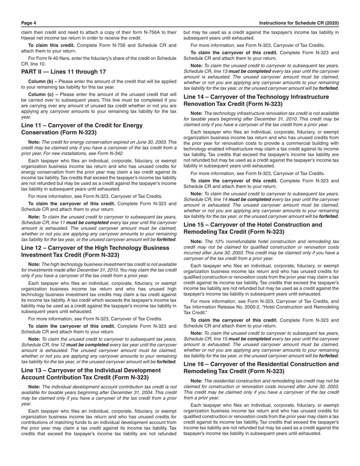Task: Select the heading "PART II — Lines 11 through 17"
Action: [x=64, y=72]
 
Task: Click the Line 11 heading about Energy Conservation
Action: [x=82, y=129]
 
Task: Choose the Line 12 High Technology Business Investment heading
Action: [x=95, y=251]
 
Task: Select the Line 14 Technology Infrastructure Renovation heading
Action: [x=256, y=100]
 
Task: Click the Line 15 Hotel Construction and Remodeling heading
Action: [x=253, y=228]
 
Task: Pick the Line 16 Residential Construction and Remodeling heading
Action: [x=261, y=367]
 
